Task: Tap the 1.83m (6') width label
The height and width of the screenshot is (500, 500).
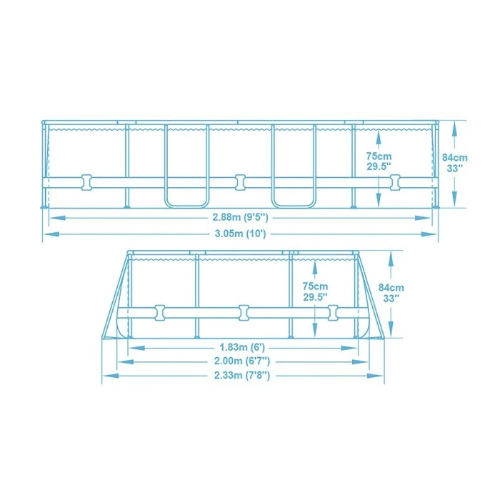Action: point(244,347)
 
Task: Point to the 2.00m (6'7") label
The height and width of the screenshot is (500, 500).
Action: point(244,361)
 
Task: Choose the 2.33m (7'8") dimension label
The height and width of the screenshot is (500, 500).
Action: point(244,376)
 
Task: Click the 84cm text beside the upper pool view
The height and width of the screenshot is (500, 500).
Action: point(454,157)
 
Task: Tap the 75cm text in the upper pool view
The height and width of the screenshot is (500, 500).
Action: point(379,156)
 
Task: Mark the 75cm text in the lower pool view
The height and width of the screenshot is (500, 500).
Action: point(315,284)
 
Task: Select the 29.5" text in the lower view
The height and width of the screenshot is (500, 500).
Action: point(315,296)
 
